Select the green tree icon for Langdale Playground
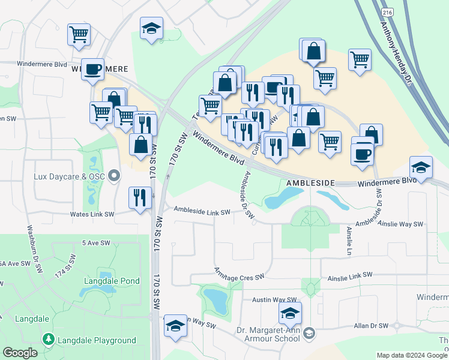48,340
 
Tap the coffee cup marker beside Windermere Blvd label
92,69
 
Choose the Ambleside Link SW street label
202,211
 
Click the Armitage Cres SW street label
240,277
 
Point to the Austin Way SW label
274,299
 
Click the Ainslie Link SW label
350,275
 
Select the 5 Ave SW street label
96,243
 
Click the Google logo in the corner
20,353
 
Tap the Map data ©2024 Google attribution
411,355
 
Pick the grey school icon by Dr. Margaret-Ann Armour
309,332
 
